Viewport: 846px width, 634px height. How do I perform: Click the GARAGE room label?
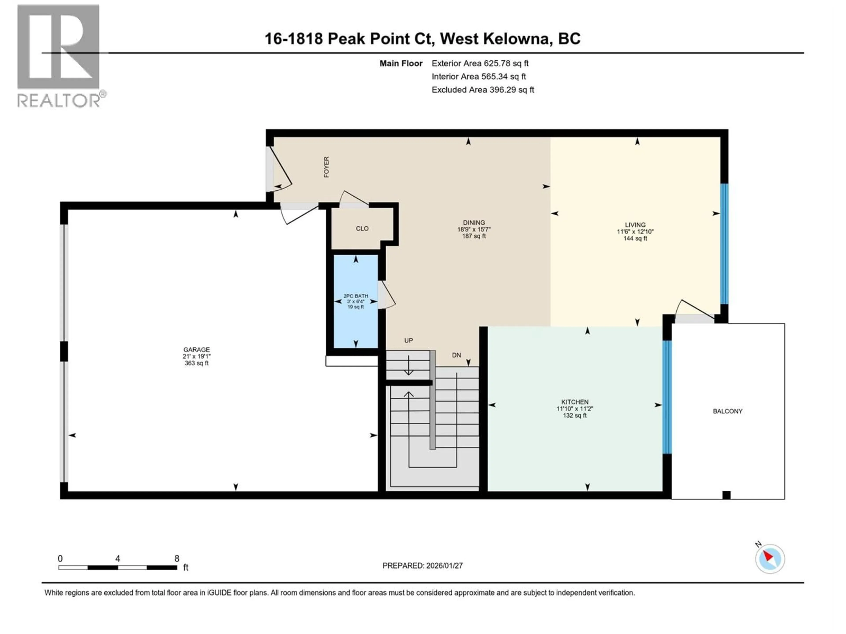point(197,349)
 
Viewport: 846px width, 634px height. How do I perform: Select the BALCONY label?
point(727,411)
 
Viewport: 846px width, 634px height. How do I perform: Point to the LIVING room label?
point(635,225)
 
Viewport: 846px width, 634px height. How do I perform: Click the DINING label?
point(474,222)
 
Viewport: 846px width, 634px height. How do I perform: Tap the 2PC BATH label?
point(356,296)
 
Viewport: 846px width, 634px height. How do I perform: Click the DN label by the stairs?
point(456,355)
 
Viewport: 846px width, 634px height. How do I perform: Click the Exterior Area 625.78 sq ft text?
point(480,63)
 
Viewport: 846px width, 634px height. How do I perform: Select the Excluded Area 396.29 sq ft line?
point(483,90)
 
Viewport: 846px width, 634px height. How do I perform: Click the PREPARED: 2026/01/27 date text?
point(422,566)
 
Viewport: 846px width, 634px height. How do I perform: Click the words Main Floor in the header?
point(401,63)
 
